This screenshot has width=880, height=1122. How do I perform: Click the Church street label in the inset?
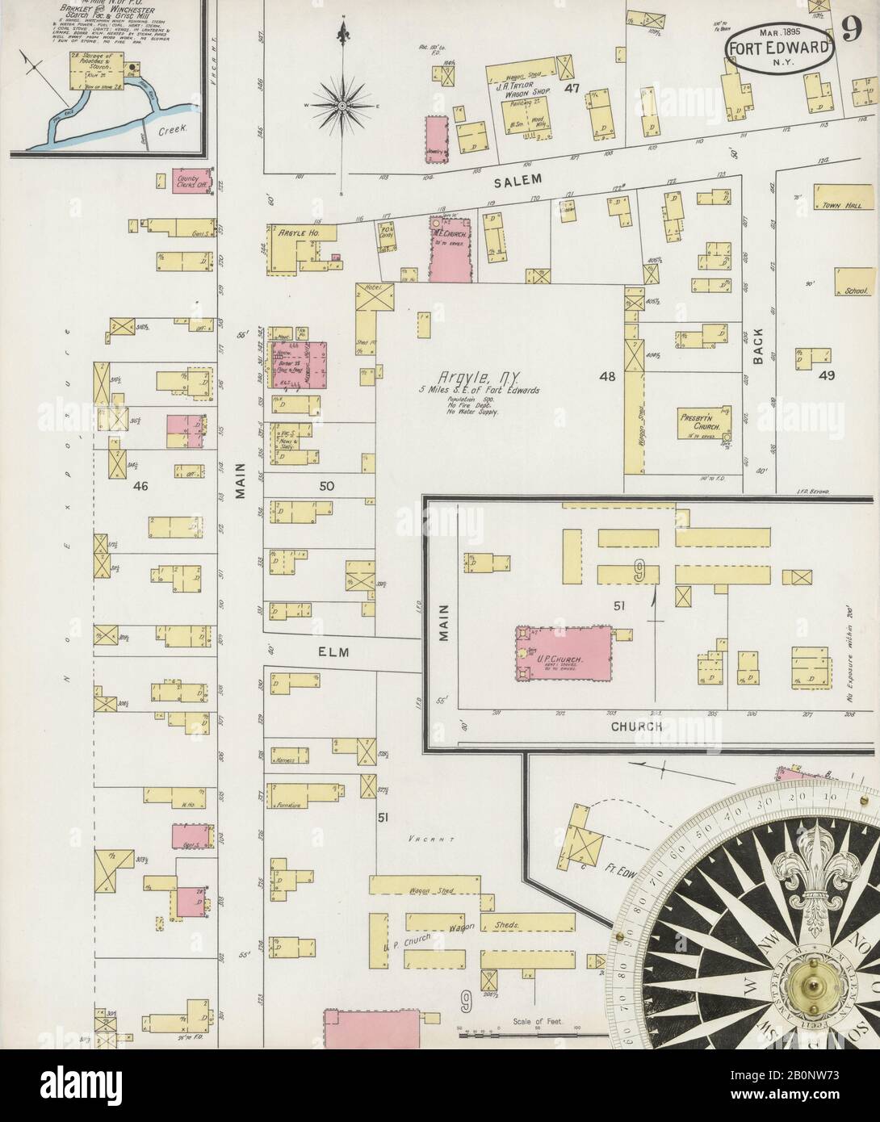(636, 726)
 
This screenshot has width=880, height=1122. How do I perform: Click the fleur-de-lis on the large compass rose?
(807, 876)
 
